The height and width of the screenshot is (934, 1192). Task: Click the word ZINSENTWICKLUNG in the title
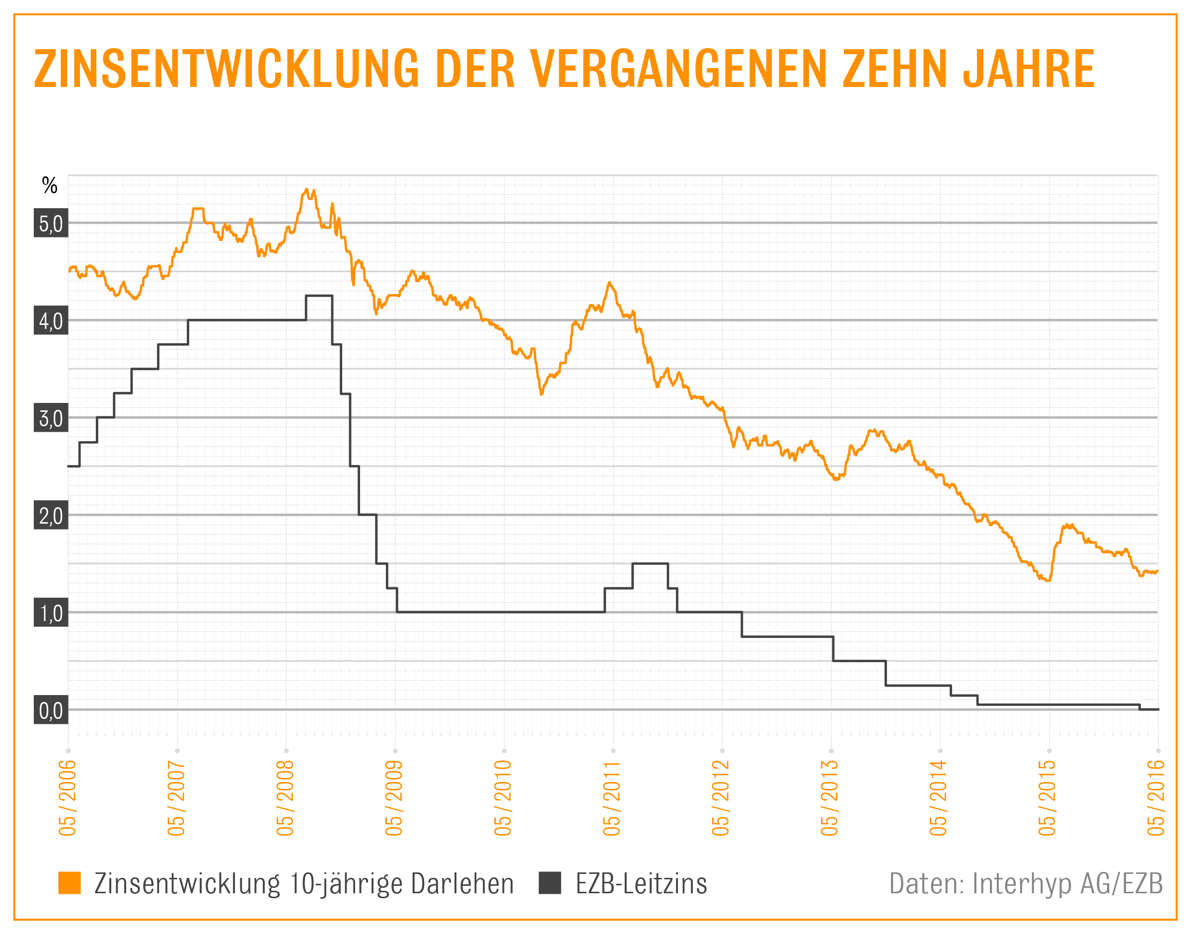[x=225, y=69]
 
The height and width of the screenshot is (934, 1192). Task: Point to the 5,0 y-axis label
[x=51, y=223]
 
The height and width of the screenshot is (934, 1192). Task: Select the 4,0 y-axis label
[x=51, y=320]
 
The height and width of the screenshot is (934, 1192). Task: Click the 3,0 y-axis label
[x=51, y=418]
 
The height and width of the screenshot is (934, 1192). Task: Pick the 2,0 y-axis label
[x=51, y=515]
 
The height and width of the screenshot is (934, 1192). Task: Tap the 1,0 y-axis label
[x=51, y=613]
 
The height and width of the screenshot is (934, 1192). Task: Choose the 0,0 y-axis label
[x=51, y=710]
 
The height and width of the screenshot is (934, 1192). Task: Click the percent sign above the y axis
[x=50, y=186]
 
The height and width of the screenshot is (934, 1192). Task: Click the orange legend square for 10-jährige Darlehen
[x=70, y=883]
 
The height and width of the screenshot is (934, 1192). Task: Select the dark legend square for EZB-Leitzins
[x=550, y=883]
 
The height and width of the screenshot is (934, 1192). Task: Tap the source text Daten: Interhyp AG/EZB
[x=1026, y=883]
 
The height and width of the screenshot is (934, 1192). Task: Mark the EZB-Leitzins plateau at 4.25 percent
[x=319, y=296]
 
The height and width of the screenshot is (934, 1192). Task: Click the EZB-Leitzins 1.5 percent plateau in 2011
[x=650, y=563]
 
